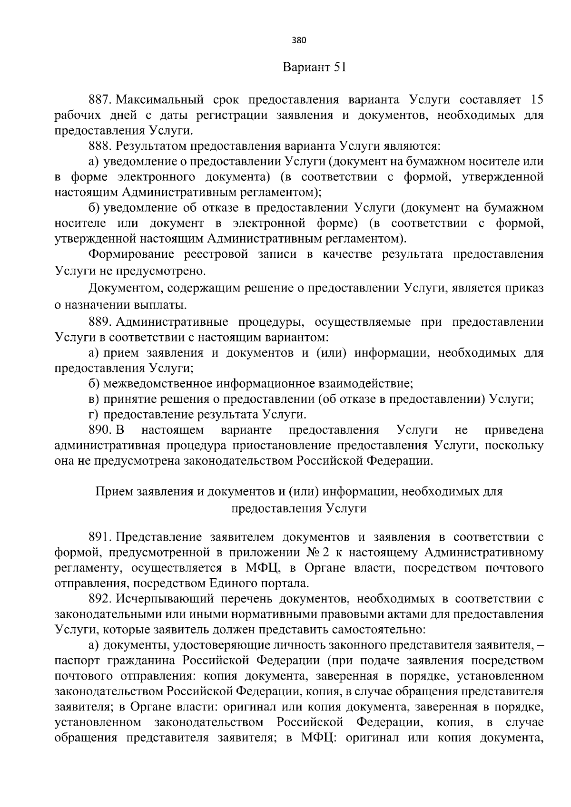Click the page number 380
299,40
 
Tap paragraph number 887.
100,100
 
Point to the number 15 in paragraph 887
536,100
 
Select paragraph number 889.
100,322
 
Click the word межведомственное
159,384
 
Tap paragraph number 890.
100,430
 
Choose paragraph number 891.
100,538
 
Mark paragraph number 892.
100,599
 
